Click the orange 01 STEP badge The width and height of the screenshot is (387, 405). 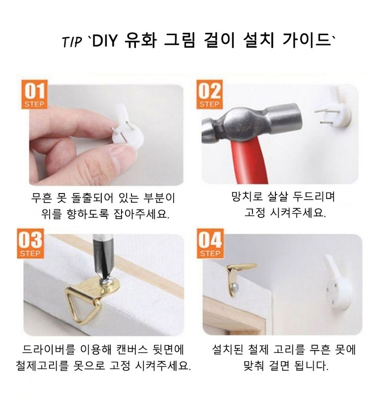34,94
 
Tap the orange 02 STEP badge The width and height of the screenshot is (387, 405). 209,94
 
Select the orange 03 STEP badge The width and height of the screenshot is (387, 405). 30,243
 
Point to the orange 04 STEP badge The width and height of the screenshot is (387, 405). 210,243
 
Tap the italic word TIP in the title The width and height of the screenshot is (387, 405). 72,42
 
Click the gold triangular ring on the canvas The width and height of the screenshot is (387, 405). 81,305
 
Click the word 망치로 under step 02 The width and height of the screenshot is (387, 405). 247,197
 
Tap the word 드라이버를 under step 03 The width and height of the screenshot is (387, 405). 48,350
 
